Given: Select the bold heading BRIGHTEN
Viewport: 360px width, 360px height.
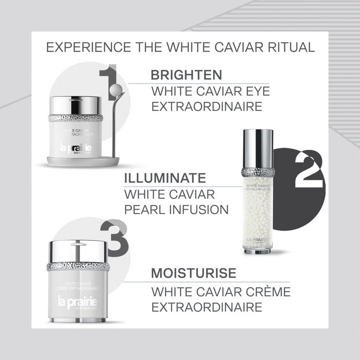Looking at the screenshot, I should coord(186,75).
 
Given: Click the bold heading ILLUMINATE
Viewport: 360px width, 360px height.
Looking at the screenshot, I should coord(165,178).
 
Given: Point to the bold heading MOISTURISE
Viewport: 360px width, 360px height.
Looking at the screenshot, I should coord(193,273).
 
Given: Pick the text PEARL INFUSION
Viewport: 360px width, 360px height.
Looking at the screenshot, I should coord(177,210).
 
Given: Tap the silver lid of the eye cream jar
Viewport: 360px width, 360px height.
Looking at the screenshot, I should coord(75,105).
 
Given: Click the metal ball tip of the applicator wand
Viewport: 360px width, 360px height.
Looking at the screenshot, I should coord(117,90).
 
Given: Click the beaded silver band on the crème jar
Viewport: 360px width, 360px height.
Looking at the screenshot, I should coord(78,267).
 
